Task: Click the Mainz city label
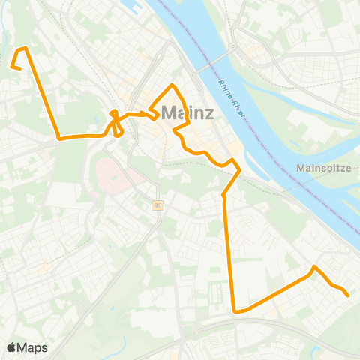187,113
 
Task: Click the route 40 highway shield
157,205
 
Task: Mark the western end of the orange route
11,66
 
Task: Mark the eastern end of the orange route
349,295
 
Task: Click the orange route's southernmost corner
235,310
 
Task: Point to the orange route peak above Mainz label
173,85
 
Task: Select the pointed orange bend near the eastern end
314,267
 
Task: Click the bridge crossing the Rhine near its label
217,61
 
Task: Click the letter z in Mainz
208,113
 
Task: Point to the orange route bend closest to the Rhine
239,171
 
